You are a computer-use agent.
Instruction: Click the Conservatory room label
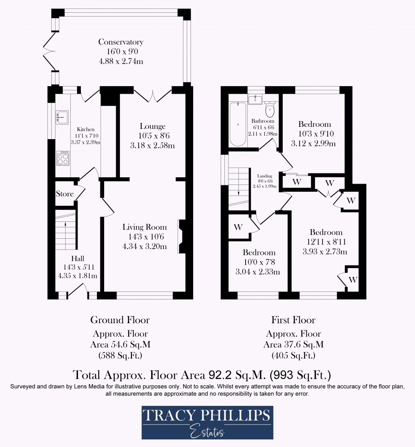121,42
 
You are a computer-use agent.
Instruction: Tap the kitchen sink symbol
62,116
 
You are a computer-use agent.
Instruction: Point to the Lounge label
152,126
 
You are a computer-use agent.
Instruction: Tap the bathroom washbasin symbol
256,100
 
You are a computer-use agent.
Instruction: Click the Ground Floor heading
120,320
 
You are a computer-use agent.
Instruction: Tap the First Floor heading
293,320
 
